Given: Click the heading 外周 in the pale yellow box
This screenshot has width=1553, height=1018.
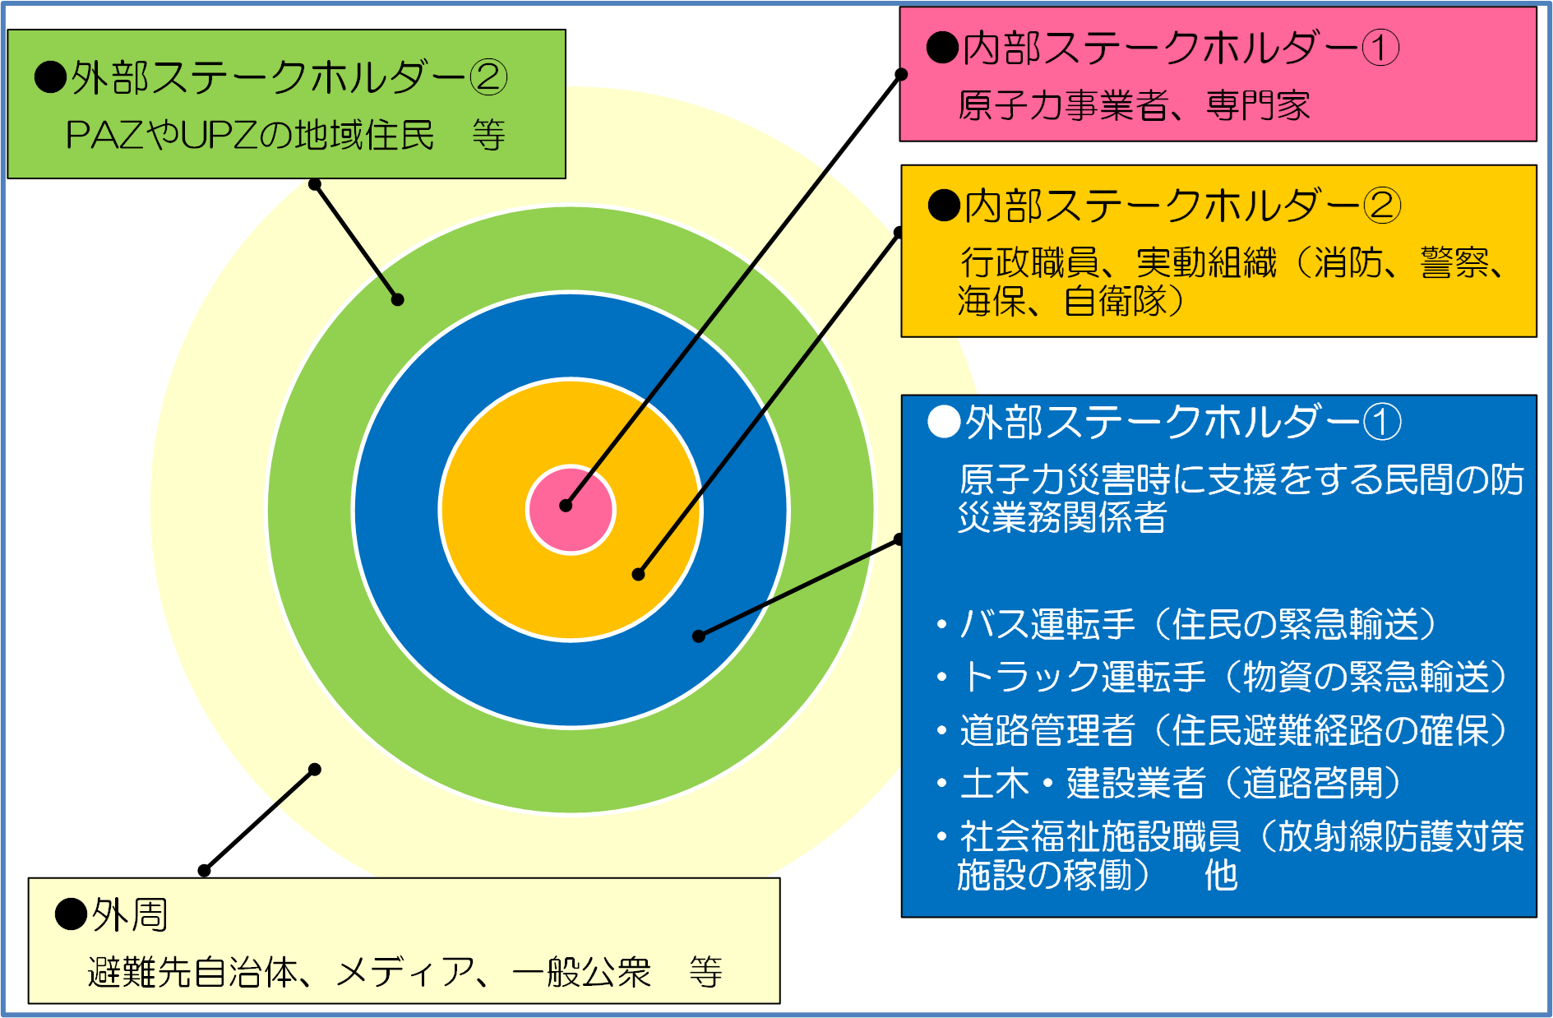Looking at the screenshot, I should [x=129, y=914].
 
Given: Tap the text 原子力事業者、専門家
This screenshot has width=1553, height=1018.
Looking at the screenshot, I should [x=1134, y=105].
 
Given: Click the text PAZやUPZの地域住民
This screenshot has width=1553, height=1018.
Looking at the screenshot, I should [x=249, y=136].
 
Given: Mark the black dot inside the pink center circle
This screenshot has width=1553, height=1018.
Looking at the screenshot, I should [x=566, y=506].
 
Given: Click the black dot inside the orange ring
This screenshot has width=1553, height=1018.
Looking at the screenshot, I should [x=639, y=574].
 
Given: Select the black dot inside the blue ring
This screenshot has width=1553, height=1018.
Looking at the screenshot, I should [x=699, y=636].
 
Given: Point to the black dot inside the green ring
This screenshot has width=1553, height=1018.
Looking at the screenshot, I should [x=397, y=299].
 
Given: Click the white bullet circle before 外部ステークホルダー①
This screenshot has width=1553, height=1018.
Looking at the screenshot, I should [x=944, y=422].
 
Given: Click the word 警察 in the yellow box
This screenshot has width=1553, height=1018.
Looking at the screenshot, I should [x=1454, y=263].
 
